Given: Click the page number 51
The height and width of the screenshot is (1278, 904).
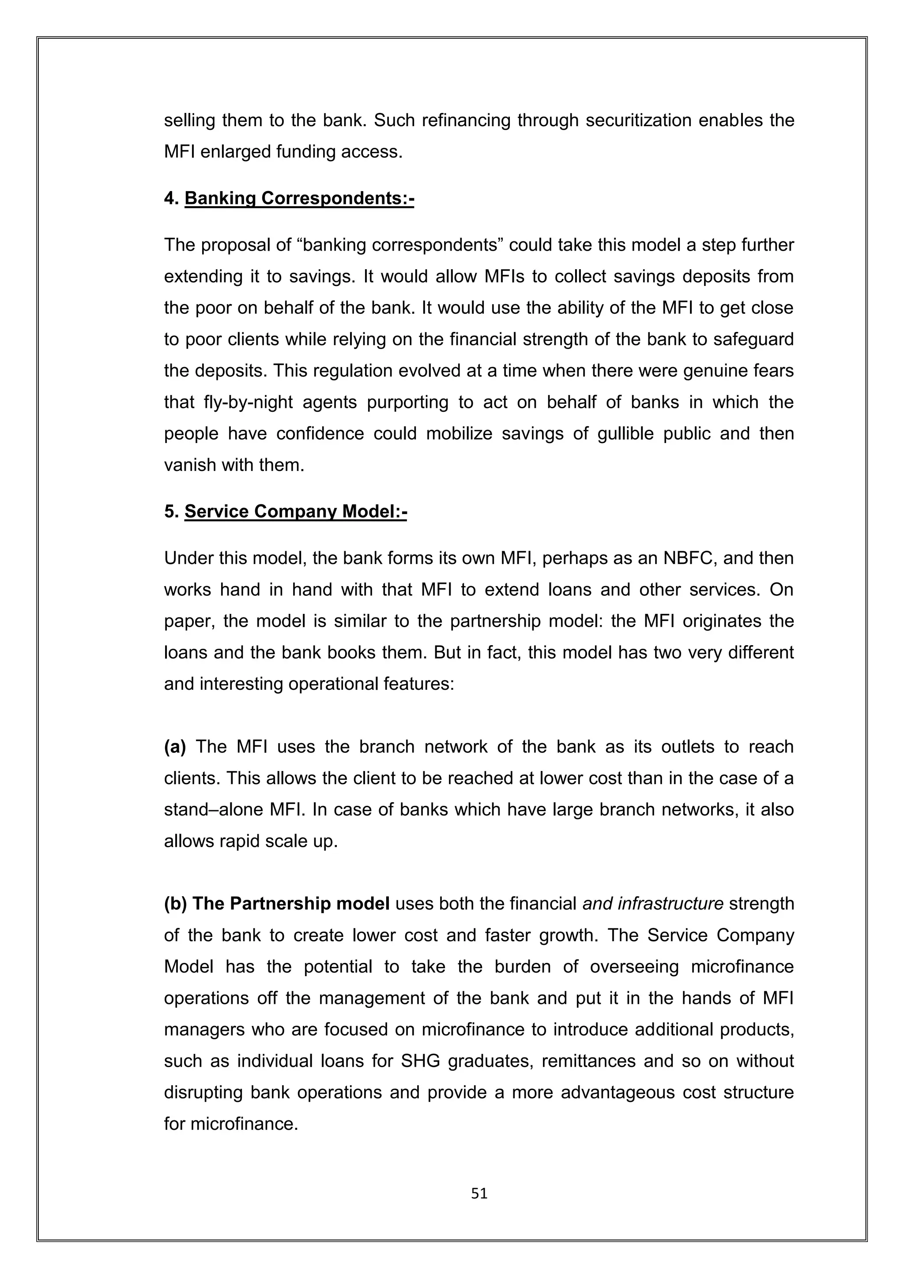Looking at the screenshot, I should [479, 1193].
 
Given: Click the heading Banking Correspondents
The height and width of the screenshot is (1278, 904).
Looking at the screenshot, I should [299, 199].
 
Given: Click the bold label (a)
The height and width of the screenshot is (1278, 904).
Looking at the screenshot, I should [175, 746].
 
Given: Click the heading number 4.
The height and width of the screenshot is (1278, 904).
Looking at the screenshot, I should [170, 199].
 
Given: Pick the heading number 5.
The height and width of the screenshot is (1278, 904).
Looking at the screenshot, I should [170, 511].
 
